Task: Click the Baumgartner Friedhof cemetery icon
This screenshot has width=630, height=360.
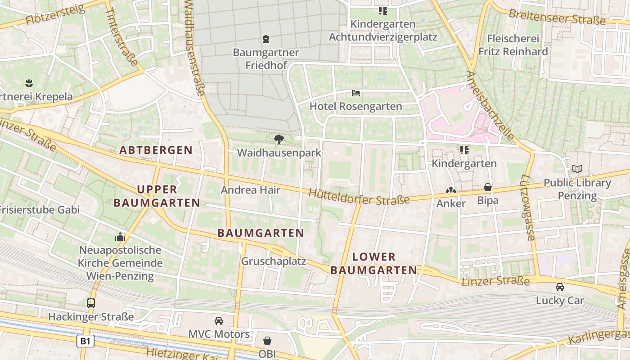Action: click(x=266, y=39)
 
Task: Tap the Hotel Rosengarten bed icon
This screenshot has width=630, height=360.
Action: click(x=356, y=93)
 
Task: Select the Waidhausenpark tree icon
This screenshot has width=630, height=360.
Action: click(x=279, y=139)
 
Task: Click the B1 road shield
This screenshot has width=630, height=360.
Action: click(x=85, y=341)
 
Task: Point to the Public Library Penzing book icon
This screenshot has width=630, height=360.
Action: click(x=577, y=169)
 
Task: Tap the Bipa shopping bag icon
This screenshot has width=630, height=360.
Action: click(x=487, y=187)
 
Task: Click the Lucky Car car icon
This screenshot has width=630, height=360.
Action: click(x=559, y=287)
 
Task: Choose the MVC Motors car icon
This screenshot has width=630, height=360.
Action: click(x=219, y=320)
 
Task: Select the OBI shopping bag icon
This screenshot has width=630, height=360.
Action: click(x=267, y=341)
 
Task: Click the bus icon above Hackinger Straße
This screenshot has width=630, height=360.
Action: click(x=91, y=303)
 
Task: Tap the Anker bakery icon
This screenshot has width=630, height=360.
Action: click(x=451, y=190)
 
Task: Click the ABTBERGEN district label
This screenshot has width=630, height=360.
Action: click(x=156, y=150)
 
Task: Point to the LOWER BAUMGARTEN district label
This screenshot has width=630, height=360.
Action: click(x=374, y=264)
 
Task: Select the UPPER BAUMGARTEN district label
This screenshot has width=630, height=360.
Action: click(x=157, y=196)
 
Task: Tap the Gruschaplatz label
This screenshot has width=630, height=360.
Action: click(x=274, y=261)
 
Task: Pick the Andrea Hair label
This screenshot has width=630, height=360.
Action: click(x=251, y=190)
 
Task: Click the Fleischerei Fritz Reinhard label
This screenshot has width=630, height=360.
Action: click(x=513, y=45)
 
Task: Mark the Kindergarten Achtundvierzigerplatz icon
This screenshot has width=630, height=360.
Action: click(x=382, y=10)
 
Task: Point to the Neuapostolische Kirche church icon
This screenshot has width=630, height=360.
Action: click(x=120, y=237)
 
